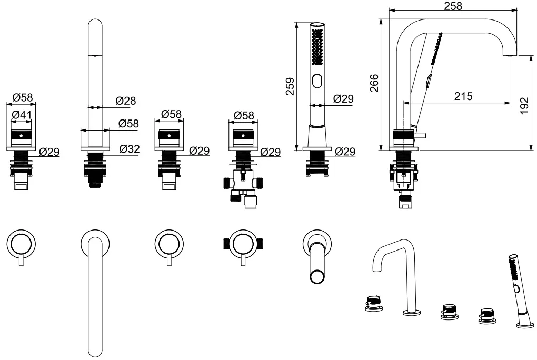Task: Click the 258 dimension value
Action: pyautogui.click(x=453, y=6)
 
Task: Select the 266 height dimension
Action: pyautogui.click(x=374, y=83)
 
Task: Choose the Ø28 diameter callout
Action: pyautogui.click(x=126, y=101)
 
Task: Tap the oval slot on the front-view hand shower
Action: pyautogui.click(x=317, y=82)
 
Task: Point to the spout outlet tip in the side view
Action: pyautogui.click(x=510, y=55)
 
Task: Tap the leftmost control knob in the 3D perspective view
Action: pyautogui.click(x=373, y=304)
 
